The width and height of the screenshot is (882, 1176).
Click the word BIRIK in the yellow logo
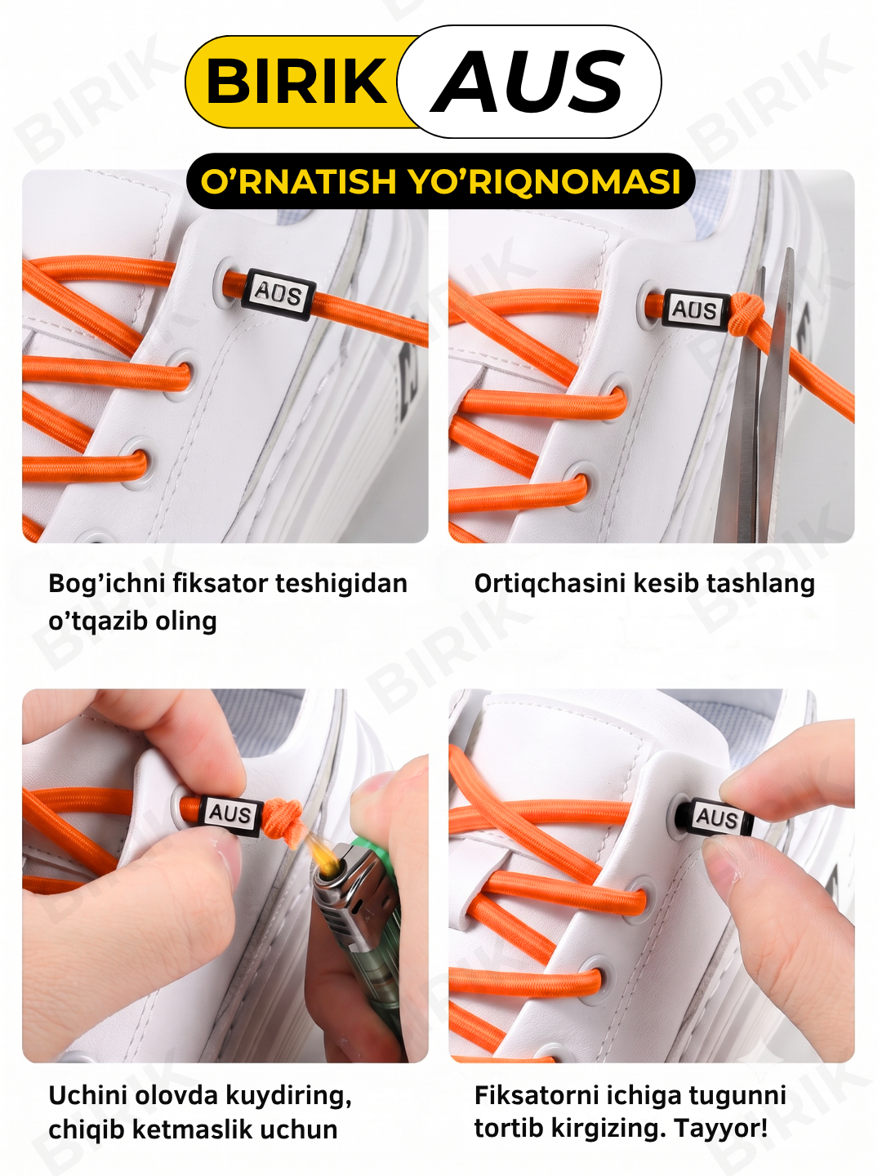pyautogui.click(x=296, y=82)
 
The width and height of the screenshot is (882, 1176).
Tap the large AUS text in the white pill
pyautogui.click(x=528, y=82)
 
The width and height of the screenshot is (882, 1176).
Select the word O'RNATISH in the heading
pyautogui.click(x=298, y=181)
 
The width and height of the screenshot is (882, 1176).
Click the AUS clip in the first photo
pyautogui.click(x=278, y=294)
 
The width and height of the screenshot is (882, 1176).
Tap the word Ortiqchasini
pyautogui.click(x=550, y=585)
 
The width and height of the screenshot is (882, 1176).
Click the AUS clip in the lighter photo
pyautogui.click(x=230, y=814)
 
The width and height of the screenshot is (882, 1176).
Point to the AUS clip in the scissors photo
pyautogui.click(x=695, y=310)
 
